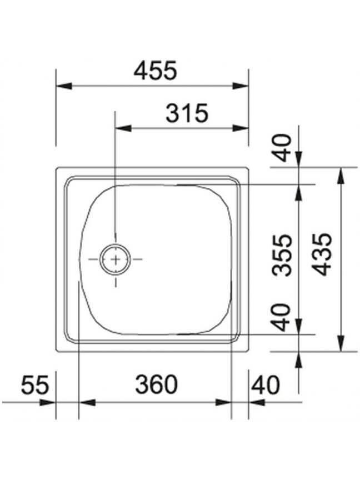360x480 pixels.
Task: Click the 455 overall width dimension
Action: (156, 71)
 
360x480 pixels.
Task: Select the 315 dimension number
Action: (187, 113)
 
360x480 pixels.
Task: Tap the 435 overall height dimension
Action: (323, 254)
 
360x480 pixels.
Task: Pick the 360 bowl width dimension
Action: (157, 384)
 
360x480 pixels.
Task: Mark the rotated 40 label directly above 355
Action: (283, 148)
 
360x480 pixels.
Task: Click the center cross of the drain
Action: (116, 259)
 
